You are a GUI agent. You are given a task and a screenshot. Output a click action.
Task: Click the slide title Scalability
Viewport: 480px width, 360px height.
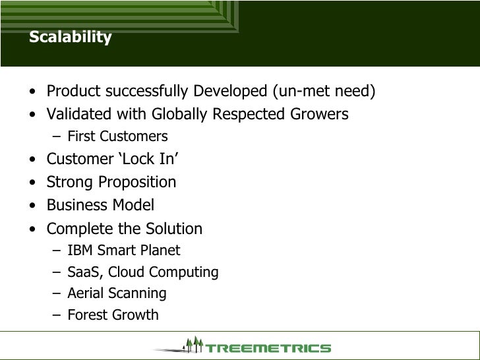tap(70, 38)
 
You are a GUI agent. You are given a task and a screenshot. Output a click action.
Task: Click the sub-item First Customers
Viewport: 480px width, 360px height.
tap(117, 136)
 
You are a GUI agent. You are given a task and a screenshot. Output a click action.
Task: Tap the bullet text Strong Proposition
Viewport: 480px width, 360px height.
tap(111, 182)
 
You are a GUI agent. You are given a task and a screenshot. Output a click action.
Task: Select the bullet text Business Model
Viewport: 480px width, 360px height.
tap(100, 206)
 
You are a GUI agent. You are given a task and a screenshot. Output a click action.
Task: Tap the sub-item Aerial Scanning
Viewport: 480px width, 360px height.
tap(117, 293)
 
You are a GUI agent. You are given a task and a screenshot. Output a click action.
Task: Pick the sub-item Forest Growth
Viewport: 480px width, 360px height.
tap(113, 315)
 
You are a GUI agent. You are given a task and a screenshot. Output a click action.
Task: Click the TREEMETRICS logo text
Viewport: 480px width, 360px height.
tap(268, 347)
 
